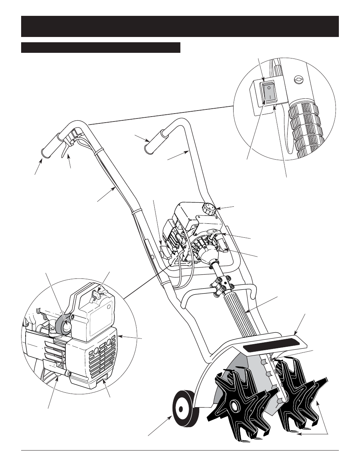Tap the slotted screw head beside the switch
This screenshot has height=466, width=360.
(298, 80)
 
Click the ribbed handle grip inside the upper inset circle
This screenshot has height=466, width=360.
(306, 128)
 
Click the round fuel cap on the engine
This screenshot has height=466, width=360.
(209, 208)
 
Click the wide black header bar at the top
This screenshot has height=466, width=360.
(180, 26)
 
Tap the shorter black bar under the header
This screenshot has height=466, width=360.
(101, 48)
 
